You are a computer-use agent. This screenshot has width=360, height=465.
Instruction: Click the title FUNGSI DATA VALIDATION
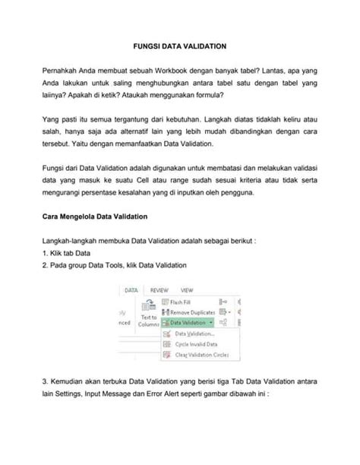point(180,46)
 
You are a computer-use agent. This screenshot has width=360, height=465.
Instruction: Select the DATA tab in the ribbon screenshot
point(131,289)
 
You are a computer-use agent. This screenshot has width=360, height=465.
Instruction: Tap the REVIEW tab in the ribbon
point(159,289)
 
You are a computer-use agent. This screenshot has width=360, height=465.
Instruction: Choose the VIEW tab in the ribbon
point(186,289)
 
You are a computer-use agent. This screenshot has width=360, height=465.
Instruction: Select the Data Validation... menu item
point(194,334)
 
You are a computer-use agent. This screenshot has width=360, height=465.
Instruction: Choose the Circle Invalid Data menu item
point(195,344)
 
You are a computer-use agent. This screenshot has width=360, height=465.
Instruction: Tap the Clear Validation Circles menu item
point(202,355)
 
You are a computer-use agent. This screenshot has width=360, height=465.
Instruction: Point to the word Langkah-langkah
point(73,240)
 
